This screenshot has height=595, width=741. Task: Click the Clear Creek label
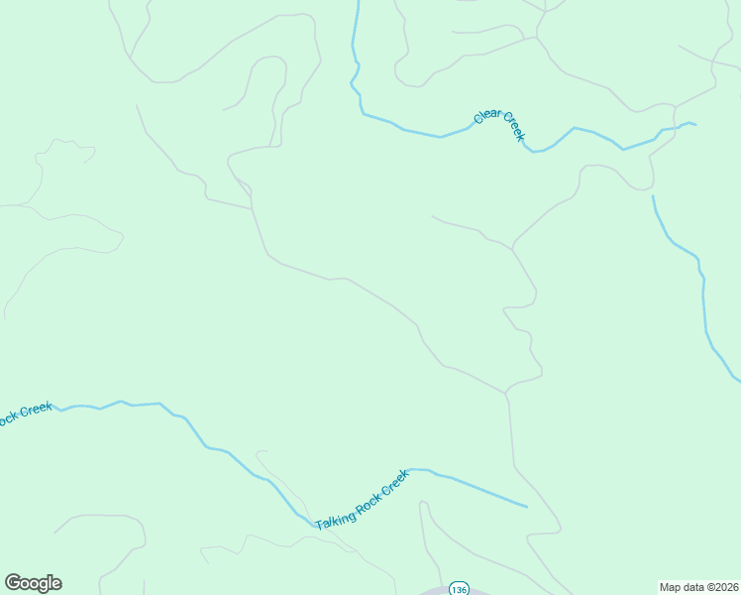(498, 126)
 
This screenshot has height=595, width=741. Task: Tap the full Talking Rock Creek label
(362, 500)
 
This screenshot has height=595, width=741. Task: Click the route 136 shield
(458, 589)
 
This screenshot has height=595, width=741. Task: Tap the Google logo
(33, 583)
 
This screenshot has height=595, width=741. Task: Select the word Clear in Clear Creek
(486, 116)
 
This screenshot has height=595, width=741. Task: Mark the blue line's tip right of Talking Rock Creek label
(527, 507)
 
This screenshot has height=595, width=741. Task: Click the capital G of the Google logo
(13, 583)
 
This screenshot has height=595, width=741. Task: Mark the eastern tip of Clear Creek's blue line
(695, 124)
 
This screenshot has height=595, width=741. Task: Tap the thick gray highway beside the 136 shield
(436, 592)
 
